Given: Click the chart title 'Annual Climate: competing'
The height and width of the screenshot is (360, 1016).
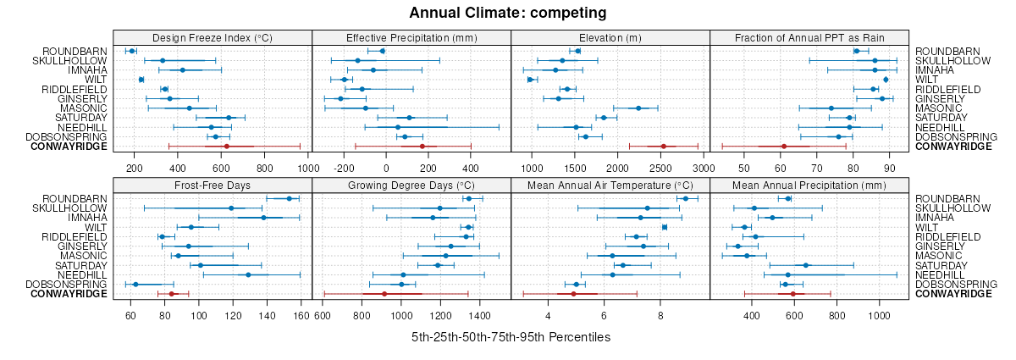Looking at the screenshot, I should (x=508, y=13).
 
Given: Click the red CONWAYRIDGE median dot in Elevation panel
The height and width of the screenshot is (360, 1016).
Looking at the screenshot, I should (x=663, y=147).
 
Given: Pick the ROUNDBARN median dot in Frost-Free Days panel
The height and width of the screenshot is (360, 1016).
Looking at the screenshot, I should (x=289, y=198).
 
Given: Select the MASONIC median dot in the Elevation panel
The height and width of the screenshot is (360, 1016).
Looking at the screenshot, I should (x=638, y=108).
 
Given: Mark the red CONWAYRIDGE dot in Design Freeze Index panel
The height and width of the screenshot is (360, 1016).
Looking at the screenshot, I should (x=226, y=147).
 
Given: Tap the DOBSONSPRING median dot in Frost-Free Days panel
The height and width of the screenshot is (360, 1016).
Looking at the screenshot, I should (x=135, y=284).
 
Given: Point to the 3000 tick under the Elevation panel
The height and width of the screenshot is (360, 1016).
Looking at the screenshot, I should (x=702, y=168).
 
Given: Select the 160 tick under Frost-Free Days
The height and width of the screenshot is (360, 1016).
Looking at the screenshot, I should (x=301, y=315).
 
